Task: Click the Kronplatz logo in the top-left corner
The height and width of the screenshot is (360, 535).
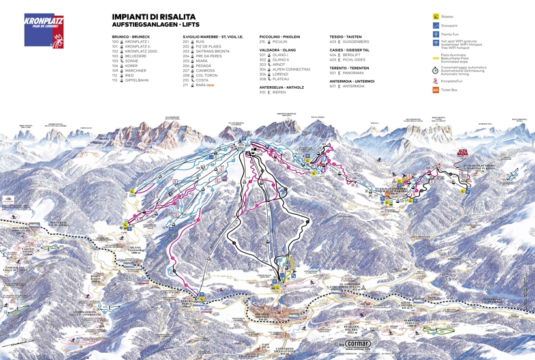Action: (x=44, y=31)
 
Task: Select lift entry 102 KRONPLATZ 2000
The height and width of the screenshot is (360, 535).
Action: (x=136, y=52)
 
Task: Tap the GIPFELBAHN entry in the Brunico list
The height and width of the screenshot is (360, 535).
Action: (x=136, y=80)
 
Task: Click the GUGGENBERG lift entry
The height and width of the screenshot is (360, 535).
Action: (x=355, y=42)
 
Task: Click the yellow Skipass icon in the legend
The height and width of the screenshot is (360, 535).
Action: (x=435, y=16)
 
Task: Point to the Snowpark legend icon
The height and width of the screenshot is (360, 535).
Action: (x=435, y=25)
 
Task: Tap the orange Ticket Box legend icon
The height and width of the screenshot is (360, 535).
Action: (x=435, y=90)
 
